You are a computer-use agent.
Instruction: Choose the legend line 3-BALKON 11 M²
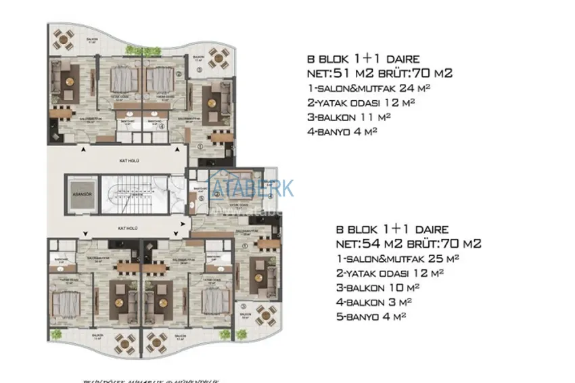point(349,117)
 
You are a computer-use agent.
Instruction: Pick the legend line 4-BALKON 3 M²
point(373,302)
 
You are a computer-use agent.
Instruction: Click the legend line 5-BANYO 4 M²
point(373,316)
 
